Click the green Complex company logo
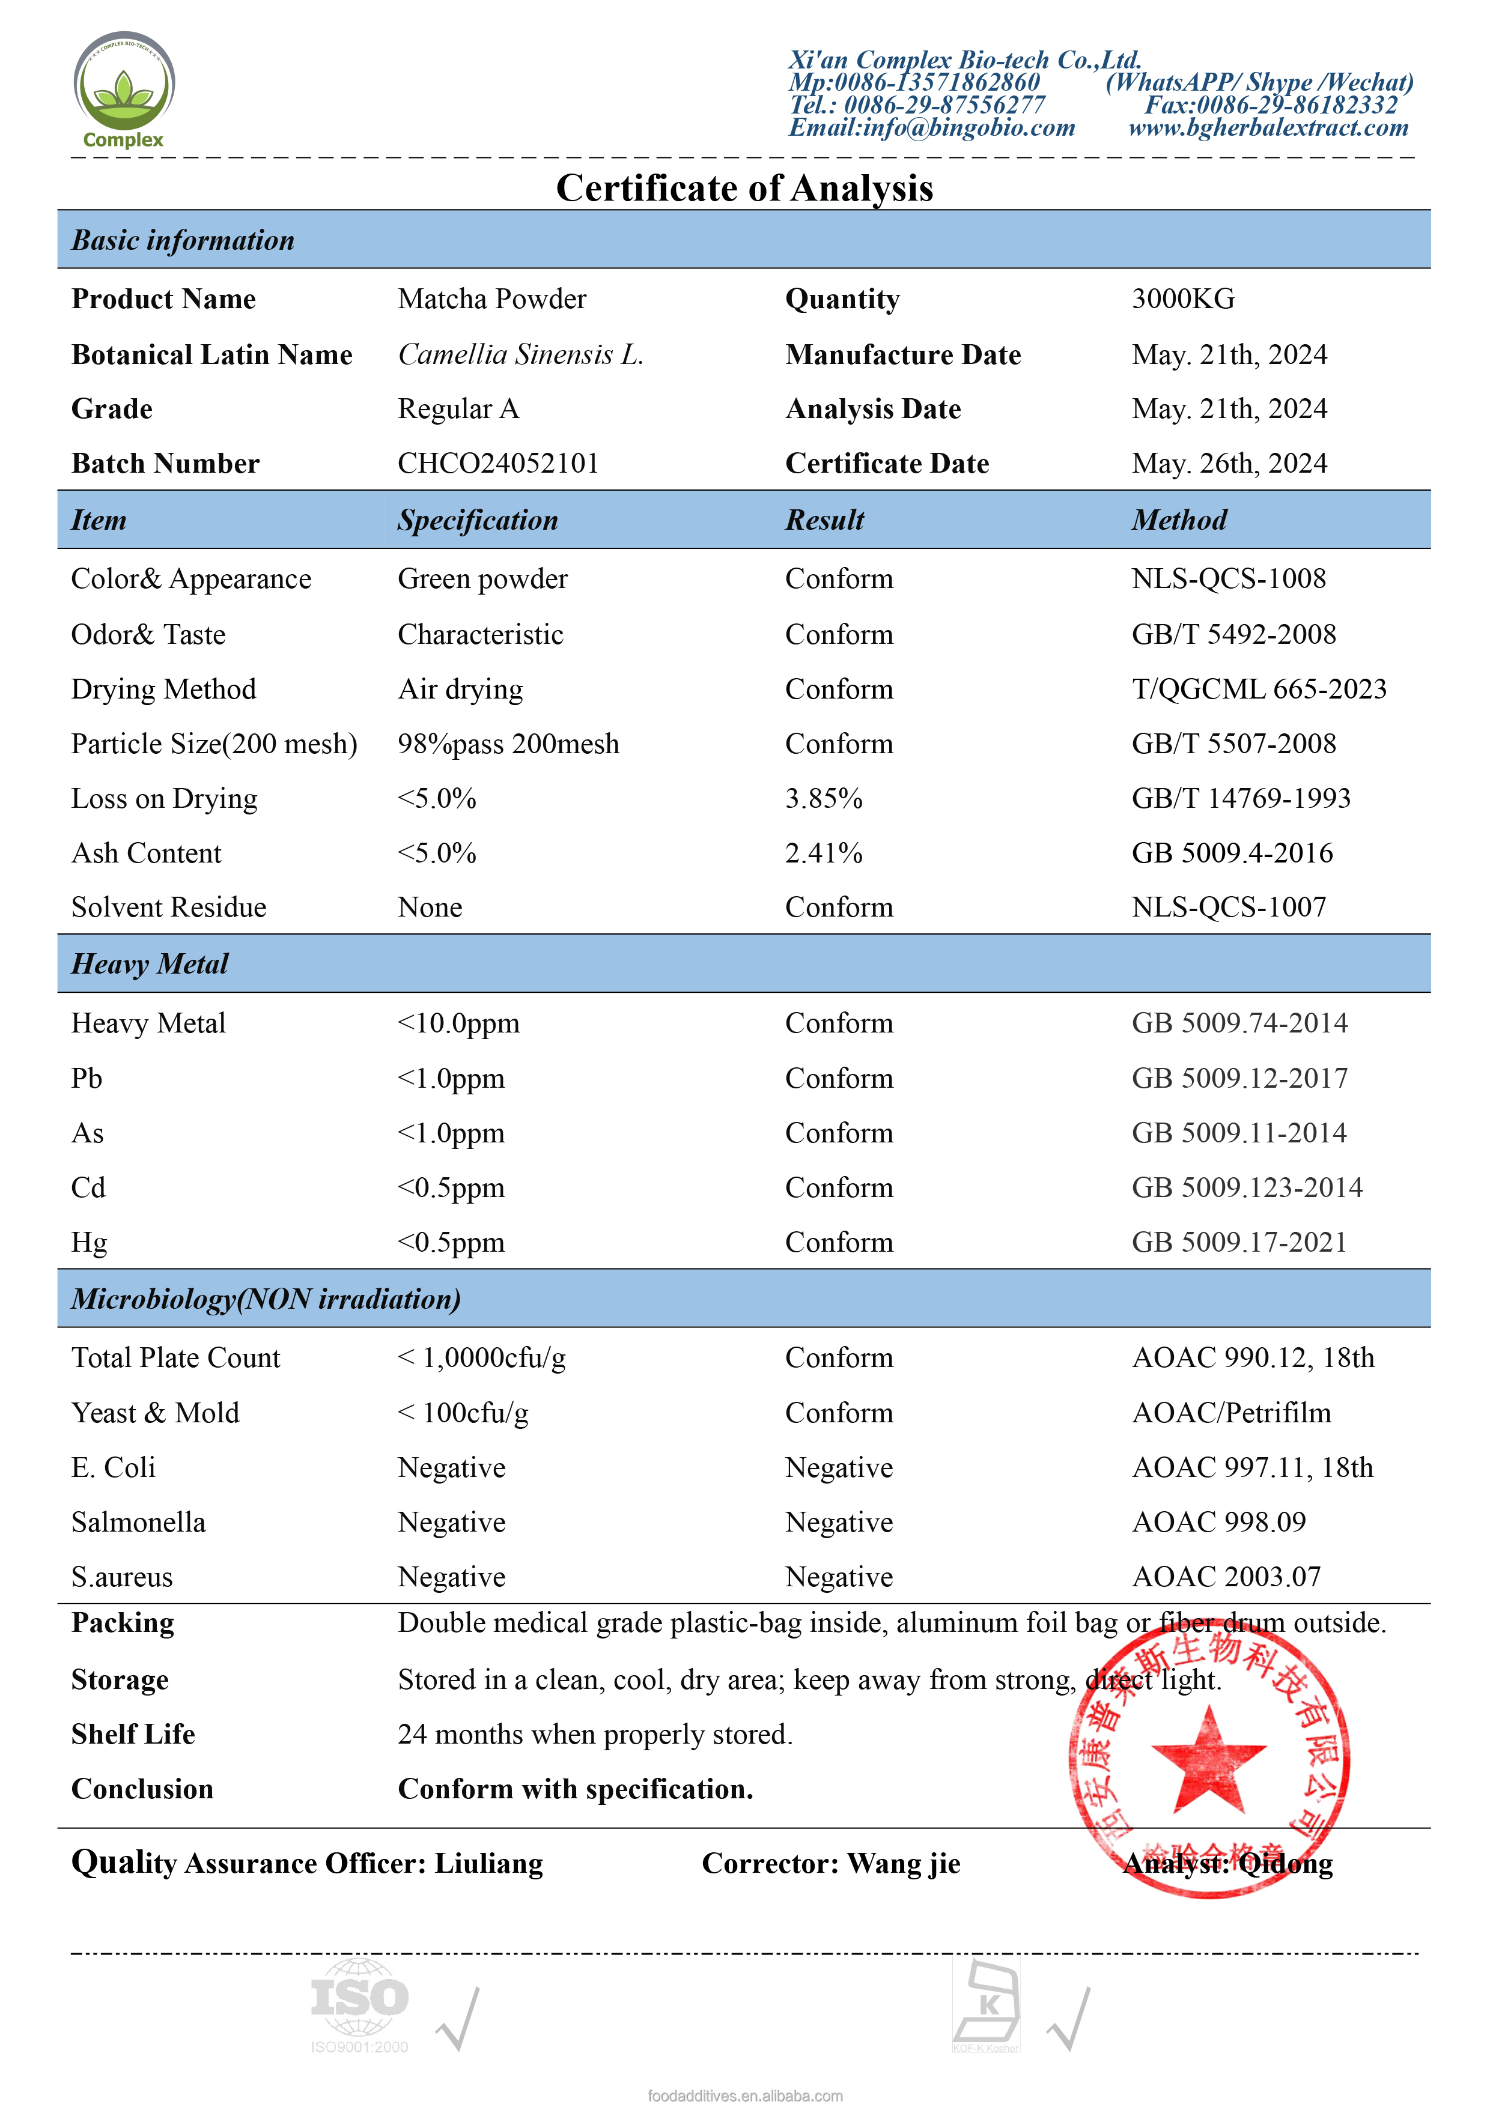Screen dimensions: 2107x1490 coord(123,89)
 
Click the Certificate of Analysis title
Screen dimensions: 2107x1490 coord(744,188)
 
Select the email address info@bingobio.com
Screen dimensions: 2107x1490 coord(932,127)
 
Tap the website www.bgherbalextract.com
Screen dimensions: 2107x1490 coord(1268,127)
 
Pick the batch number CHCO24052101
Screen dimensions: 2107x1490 coord(497,464)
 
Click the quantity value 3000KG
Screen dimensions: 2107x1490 coord(1182,299)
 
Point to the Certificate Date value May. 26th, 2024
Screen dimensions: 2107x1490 coord(1229,464)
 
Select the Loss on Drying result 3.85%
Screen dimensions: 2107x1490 coord(824,798)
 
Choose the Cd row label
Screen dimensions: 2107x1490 coord(88,1187)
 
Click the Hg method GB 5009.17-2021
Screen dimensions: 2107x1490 coord(1238,1243)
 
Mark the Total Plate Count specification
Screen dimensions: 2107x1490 coord(481,1358)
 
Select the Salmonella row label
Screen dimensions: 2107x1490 coord(139,1523)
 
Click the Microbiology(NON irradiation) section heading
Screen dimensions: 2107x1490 coord(266,1299)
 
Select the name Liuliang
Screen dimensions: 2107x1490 coord(488,1864)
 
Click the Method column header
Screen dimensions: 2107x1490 coord(1179,520)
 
